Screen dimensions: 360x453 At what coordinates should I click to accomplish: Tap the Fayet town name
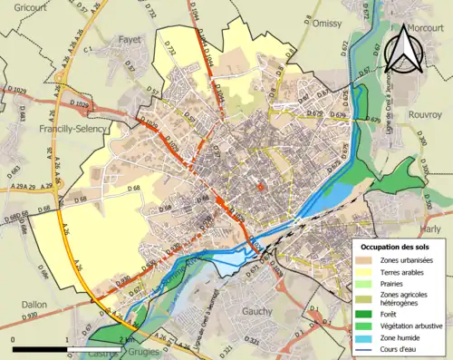(x=132, y=40)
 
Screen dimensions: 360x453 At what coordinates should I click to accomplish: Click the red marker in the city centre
(x=261, y=187)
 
